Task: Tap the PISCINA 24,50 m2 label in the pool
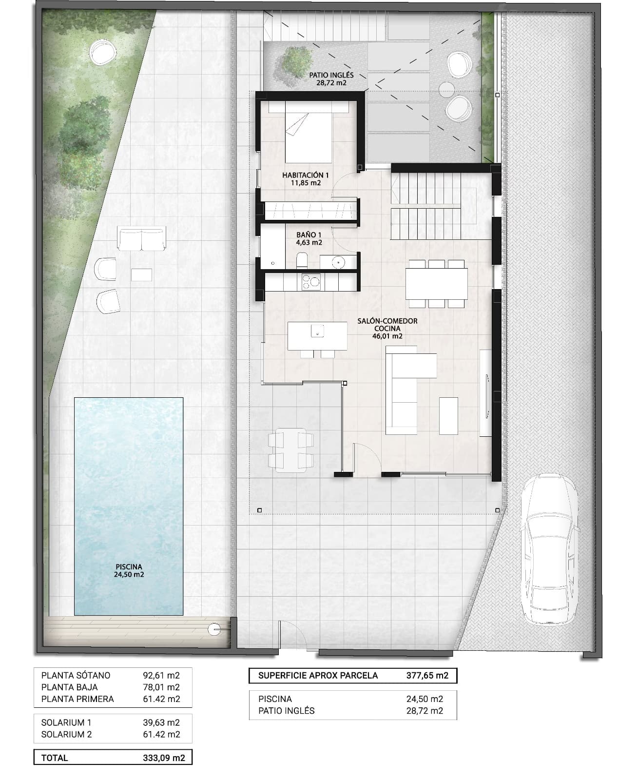[129, 570]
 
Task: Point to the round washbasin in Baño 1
[338, 262]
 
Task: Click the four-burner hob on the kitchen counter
[311, 281]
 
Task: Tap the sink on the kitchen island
[318, 331]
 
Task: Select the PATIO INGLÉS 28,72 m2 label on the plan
[331, 79]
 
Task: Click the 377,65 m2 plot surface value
[427, 676]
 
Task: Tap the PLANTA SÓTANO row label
[76, 675]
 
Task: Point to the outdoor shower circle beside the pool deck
[214, 629]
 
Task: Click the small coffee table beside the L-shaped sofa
[448, 415]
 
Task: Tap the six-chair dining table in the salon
[436, 284]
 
